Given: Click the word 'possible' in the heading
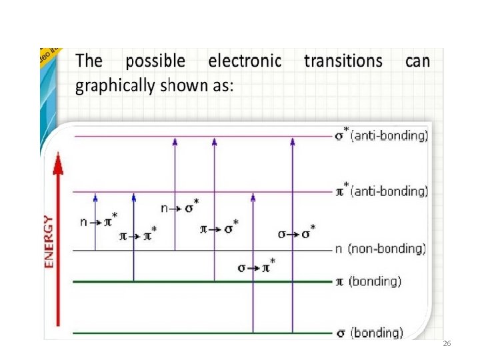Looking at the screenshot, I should pyautogui.click(x=155, y=62).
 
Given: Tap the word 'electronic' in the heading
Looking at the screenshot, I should pyautogui.click(x=245, y=61).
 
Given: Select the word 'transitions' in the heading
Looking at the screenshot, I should pyautogui.click(x=343, y=61).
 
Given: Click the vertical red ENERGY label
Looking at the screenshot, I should pyautogui.click(x=49, y=241).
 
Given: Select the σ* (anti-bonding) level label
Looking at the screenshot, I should pyautogui.click(x=381, y=136).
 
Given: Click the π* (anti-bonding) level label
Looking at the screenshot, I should pyautogui.click(x=381, y=191).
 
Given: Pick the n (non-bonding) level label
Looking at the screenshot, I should pyautogui.click(x=379, y=249).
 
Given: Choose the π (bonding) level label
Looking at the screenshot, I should pyautogui.click(x=367, y=281).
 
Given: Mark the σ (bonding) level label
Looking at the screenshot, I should pyautogui.click(x=368, y=332).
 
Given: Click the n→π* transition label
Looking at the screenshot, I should pyautogui.click(x=99, y=220).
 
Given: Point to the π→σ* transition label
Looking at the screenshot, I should pyautogui.click(x=219, y=229).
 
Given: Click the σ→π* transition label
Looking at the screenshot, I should pyautogui.click(x=257, y=267).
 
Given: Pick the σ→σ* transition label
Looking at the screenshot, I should pyautogui.click(x=297, y=233).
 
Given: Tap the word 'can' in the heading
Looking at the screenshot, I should pyautogui.click(x=417, y=61).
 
